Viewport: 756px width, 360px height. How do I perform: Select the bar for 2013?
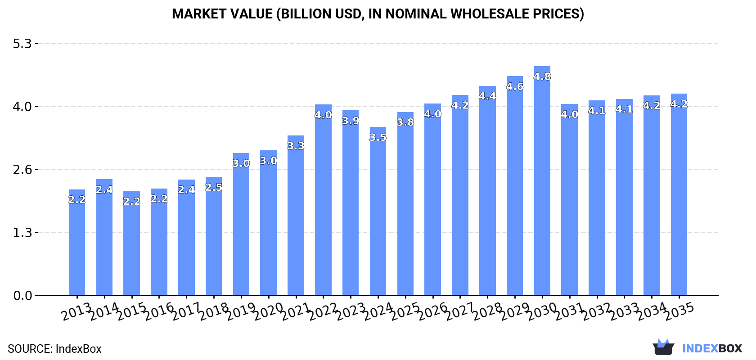tap(77, 243)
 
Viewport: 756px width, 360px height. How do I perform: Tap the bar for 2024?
tap(378, 211)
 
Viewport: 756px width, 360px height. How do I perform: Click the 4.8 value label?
tap(542, 76)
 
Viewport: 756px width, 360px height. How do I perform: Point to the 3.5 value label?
tap(378, 137)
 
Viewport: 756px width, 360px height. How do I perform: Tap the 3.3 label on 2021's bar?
tap(296, 146)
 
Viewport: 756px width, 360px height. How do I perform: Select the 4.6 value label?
tap(514, 86)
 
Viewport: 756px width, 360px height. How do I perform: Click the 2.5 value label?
tap(214, 187)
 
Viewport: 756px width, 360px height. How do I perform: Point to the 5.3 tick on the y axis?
tap(22, 44)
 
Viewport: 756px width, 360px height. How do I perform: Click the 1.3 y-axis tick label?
tap(22, 233)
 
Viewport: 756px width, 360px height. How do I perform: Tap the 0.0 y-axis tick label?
tap(22, 296)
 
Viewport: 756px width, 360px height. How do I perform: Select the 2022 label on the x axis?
tap(323, 311)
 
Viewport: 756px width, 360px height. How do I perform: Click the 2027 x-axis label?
tap(460, 311)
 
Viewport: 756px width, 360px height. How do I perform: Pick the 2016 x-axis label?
tap(159, 311)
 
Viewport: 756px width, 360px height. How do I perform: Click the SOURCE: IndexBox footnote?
tap(54, 349)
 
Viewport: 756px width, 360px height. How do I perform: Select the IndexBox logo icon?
tap(663, 347)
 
